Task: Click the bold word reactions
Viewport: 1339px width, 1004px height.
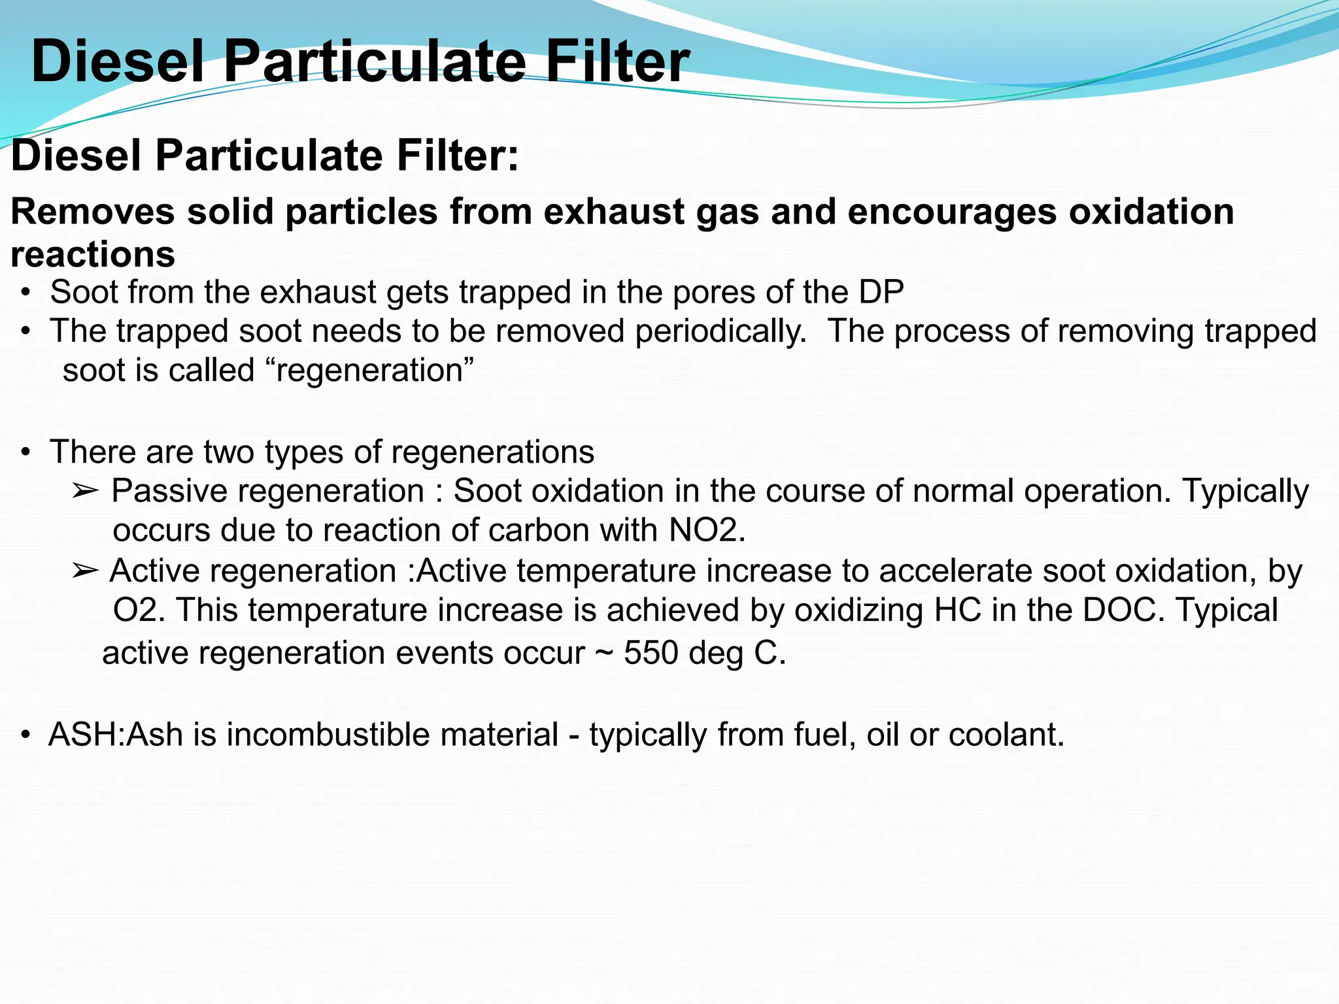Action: pos(93,255)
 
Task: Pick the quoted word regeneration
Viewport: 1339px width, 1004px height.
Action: pos(370,371)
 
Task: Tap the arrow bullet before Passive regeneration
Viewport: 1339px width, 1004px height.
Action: pos(85,491)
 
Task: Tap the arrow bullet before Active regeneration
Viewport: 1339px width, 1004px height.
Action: pos(85,571)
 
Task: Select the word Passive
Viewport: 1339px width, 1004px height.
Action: pos(169,491)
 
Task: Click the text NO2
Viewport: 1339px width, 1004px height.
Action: pos(706,530)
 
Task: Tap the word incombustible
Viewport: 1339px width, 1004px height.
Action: pos(392,735)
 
